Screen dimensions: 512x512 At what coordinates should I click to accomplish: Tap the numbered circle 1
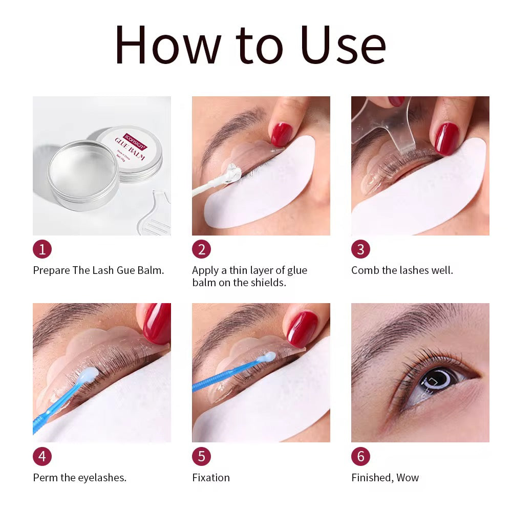pos(42,249)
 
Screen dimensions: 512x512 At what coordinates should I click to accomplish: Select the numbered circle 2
pos(201,249)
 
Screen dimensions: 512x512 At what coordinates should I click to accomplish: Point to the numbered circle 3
pos(360,249)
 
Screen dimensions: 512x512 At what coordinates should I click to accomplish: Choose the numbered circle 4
pos(42,456)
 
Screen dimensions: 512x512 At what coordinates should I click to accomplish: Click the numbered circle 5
pos(201,456)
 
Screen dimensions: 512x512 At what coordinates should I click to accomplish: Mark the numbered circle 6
pos(360,456)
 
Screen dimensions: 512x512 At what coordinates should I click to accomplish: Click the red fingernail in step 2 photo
pos(281,134)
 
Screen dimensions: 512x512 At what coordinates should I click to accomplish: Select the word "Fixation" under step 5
pos(211,478)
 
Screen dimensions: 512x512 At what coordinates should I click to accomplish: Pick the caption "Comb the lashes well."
pos(402,270)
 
